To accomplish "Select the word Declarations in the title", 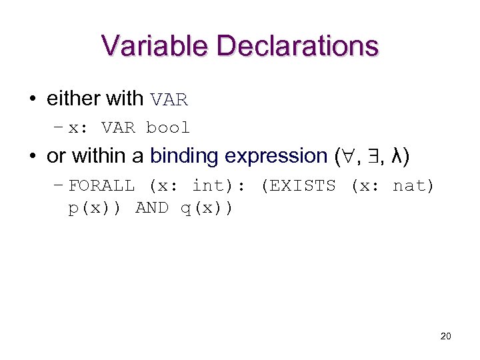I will tap(297, 46).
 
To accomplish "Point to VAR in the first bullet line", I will tap(169, 101).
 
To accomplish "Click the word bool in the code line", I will tap(168, 127).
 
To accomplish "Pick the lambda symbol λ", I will tap(397, 156).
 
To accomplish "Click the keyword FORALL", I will tap(101, 185).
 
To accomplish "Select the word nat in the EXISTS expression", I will tap(409, 185).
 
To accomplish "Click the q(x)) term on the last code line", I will tap(207, 208).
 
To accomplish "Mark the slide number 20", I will tap(445, 336).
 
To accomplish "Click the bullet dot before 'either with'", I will tap(32, 99).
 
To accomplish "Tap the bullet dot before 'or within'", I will tap(32, 157).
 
